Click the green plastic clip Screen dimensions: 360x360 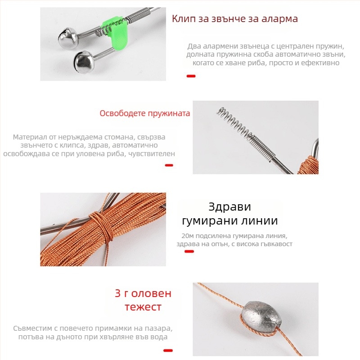point(114,31)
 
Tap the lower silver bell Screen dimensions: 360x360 point(84,62)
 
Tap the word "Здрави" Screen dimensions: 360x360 point(229,207)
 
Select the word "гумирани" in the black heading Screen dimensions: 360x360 point(210,221)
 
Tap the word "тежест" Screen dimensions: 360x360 point(143,307)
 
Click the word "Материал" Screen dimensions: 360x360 point(35,137)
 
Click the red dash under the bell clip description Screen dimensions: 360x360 point(191,76)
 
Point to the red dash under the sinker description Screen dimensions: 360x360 point(168,351)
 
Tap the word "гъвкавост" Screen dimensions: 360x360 point(277,244)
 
